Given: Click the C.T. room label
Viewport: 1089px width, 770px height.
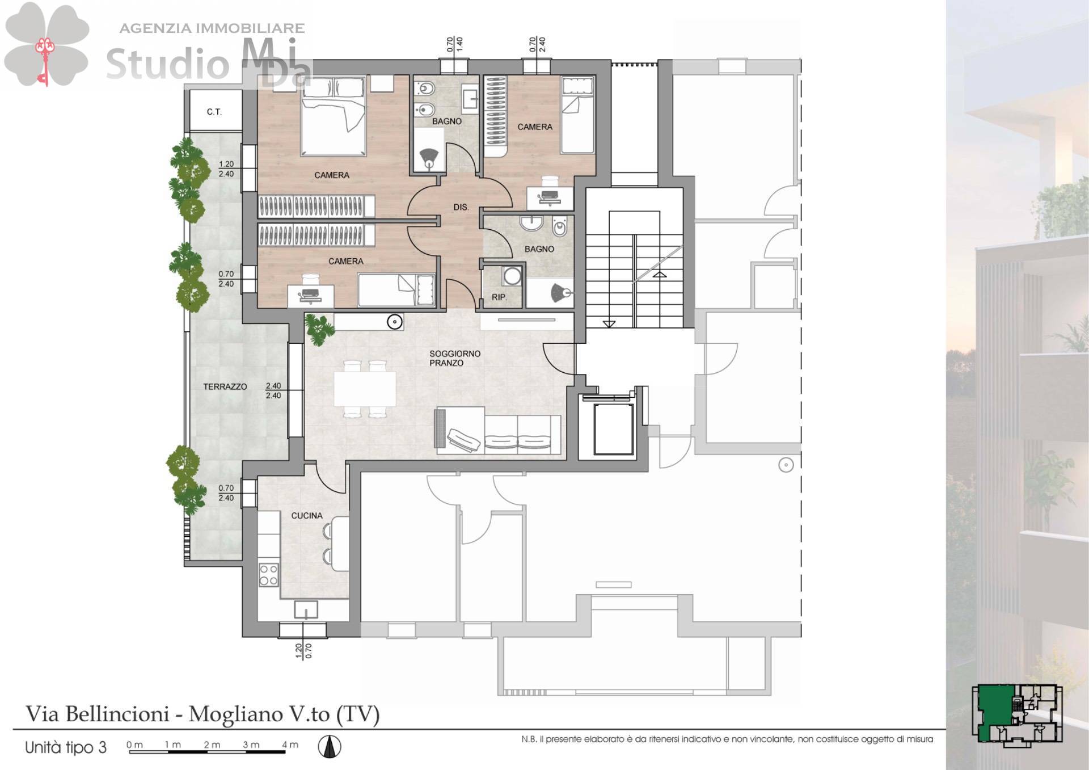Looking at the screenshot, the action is pos(214,112).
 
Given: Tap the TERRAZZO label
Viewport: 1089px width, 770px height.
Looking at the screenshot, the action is pos(225,386).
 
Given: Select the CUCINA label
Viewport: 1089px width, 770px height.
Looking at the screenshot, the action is pos(307,515).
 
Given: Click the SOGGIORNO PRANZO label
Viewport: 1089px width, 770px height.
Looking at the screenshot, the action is pos(455,358).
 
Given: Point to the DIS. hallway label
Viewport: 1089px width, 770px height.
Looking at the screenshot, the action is pos(461,207).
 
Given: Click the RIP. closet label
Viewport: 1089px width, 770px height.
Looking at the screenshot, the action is pos(499,297).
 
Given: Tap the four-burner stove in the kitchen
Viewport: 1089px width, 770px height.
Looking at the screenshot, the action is pos(268,574).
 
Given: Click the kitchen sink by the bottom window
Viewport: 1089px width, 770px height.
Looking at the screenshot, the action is pos(306,610).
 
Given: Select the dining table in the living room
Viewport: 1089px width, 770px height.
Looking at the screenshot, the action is pos(365,389).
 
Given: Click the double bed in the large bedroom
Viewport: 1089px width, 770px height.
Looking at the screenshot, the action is pos(333,116).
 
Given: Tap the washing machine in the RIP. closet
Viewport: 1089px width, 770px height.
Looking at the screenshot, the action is pos(512,276).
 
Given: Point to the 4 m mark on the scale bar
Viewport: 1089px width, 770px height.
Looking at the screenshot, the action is pos(290,744).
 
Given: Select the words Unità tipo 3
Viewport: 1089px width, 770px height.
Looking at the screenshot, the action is pos(66,747).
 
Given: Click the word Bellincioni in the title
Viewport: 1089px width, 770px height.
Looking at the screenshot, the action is pos(117,714).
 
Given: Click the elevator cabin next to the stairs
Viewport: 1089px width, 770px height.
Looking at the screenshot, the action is pos(613,428).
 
